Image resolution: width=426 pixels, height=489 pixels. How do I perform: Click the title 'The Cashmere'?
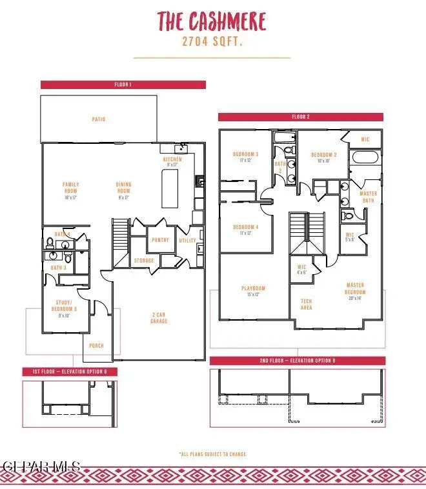(212, 22)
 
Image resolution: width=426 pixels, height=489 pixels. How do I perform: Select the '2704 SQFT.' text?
(212, 42)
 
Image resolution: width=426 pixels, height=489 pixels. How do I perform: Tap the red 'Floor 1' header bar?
(123, 85)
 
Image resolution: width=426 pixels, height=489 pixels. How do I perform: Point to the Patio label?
(98, 119)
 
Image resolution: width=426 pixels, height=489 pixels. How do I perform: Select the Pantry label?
(160, 240)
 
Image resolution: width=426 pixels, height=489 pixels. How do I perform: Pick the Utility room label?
(188, 240)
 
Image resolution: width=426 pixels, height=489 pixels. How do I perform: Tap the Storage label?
(144, 261)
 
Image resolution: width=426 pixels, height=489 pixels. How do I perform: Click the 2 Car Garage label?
(159, 318)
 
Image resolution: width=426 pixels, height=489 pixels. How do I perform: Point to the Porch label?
(96, 346)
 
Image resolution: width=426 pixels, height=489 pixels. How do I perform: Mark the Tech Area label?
(307, 304)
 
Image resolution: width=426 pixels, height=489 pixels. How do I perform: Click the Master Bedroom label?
(355, 288)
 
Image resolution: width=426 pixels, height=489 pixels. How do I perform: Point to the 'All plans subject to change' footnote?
(212, 454)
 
